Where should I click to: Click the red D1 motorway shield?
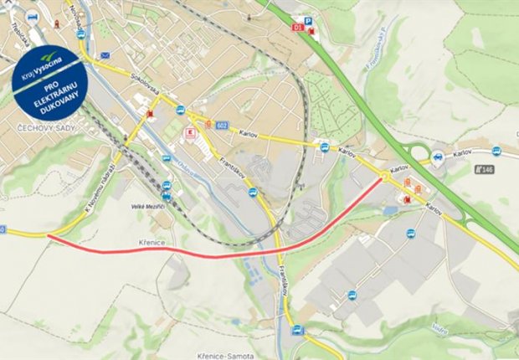coord(297,28)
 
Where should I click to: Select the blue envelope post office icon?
coord(105,55)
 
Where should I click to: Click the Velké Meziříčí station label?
coord(149,205)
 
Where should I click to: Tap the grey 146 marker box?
coord(485,169)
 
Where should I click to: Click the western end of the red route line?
coord(49,237)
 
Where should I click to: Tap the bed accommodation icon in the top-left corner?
coord(33,16)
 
